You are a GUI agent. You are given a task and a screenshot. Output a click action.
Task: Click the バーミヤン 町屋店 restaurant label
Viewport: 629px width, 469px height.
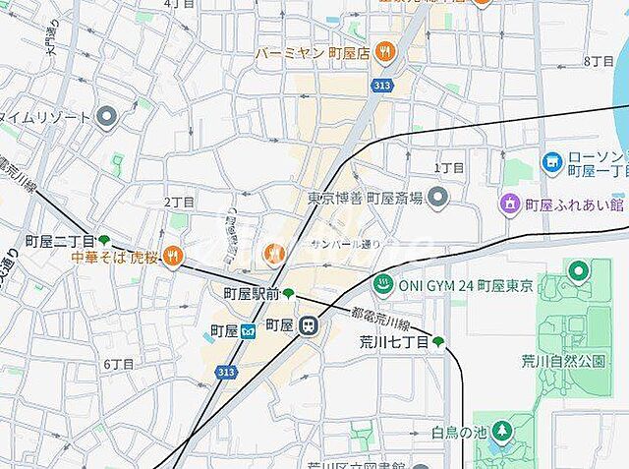coord(314,52)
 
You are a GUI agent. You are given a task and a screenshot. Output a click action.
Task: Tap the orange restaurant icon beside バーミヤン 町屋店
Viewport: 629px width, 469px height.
coord(384,52)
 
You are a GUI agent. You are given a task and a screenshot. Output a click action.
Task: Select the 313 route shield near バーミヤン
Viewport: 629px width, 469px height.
coord(379,87)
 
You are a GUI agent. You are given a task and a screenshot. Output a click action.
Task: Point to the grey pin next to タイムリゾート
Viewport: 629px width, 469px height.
coord(107,117)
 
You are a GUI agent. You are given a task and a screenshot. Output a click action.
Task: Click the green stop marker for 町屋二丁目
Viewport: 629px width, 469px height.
coord(104,240)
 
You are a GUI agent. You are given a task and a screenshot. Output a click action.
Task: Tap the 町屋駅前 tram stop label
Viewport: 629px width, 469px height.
coord(251,293)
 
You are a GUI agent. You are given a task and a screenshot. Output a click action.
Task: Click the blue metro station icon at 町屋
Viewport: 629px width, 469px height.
coord(248,327)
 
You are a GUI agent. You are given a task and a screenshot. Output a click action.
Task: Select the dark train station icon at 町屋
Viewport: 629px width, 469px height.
coord(309,325)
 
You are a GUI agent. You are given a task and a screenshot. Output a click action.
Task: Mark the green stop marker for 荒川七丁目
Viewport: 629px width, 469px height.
coord(438,342)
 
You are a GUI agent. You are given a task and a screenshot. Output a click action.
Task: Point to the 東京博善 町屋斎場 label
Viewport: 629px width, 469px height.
coord(365,199)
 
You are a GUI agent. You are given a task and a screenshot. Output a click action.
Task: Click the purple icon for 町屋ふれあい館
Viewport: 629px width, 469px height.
coord(509,205)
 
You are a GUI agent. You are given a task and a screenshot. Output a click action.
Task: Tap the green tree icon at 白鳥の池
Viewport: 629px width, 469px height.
coord(502,431)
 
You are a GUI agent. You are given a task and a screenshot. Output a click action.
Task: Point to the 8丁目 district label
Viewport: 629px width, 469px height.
coord(598,61)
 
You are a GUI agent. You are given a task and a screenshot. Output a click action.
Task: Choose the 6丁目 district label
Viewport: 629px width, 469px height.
coord(119,364)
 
